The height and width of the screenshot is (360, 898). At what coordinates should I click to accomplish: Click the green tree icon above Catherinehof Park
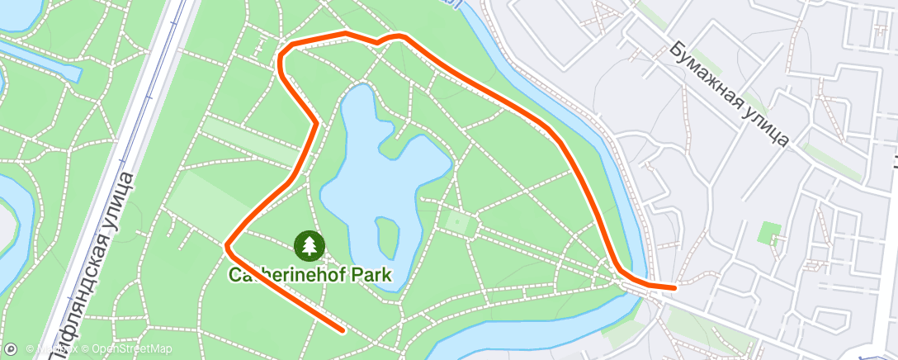click(x=310, y=244)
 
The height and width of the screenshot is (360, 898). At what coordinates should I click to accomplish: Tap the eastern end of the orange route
click(x=675, y=287)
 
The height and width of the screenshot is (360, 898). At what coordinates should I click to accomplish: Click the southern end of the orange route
click(x=342, y=330)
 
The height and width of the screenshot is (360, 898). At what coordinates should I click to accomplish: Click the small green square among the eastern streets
click(x=769, y=234)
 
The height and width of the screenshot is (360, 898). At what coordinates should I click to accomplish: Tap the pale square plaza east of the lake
click(x=455, y=221)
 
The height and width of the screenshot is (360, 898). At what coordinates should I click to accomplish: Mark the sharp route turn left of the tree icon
click(x=228, y=244)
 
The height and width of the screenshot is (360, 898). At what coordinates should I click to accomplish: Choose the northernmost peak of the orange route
click(x=345, y=33)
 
